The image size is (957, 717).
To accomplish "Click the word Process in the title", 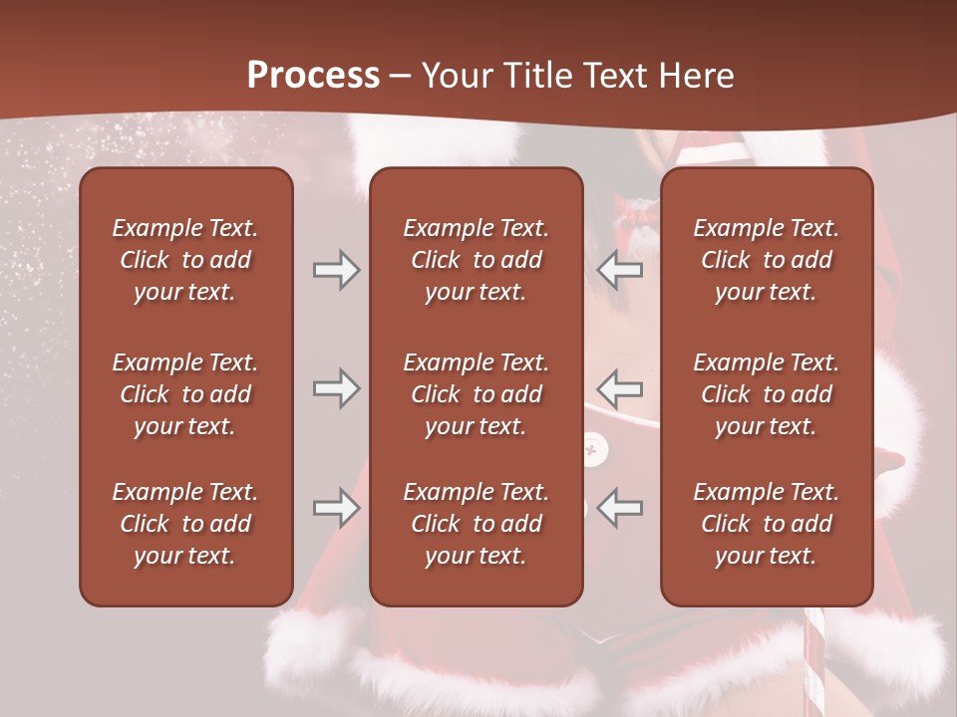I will point(313,76).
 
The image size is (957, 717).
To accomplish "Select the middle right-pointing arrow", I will point(336,388).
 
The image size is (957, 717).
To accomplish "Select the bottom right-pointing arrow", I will point(336,509).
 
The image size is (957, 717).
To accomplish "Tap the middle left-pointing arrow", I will point(620,388).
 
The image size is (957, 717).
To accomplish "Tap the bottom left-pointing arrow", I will point(620,509).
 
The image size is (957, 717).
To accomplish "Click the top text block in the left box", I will point(185,260).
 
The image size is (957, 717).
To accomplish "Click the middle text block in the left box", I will point(185,394).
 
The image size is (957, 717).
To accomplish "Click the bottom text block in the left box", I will point(185,524).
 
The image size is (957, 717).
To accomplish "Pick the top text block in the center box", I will point(476,260).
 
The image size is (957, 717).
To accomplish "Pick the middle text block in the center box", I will point(476,394).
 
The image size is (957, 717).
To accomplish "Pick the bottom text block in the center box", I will point(476,524).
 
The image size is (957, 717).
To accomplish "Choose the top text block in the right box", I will point(766,260).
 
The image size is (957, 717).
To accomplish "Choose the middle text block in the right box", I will point(766,394).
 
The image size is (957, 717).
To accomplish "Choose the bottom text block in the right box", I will point(766,524).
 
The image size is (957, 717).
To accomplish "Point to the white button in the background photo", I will point(594,451).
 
